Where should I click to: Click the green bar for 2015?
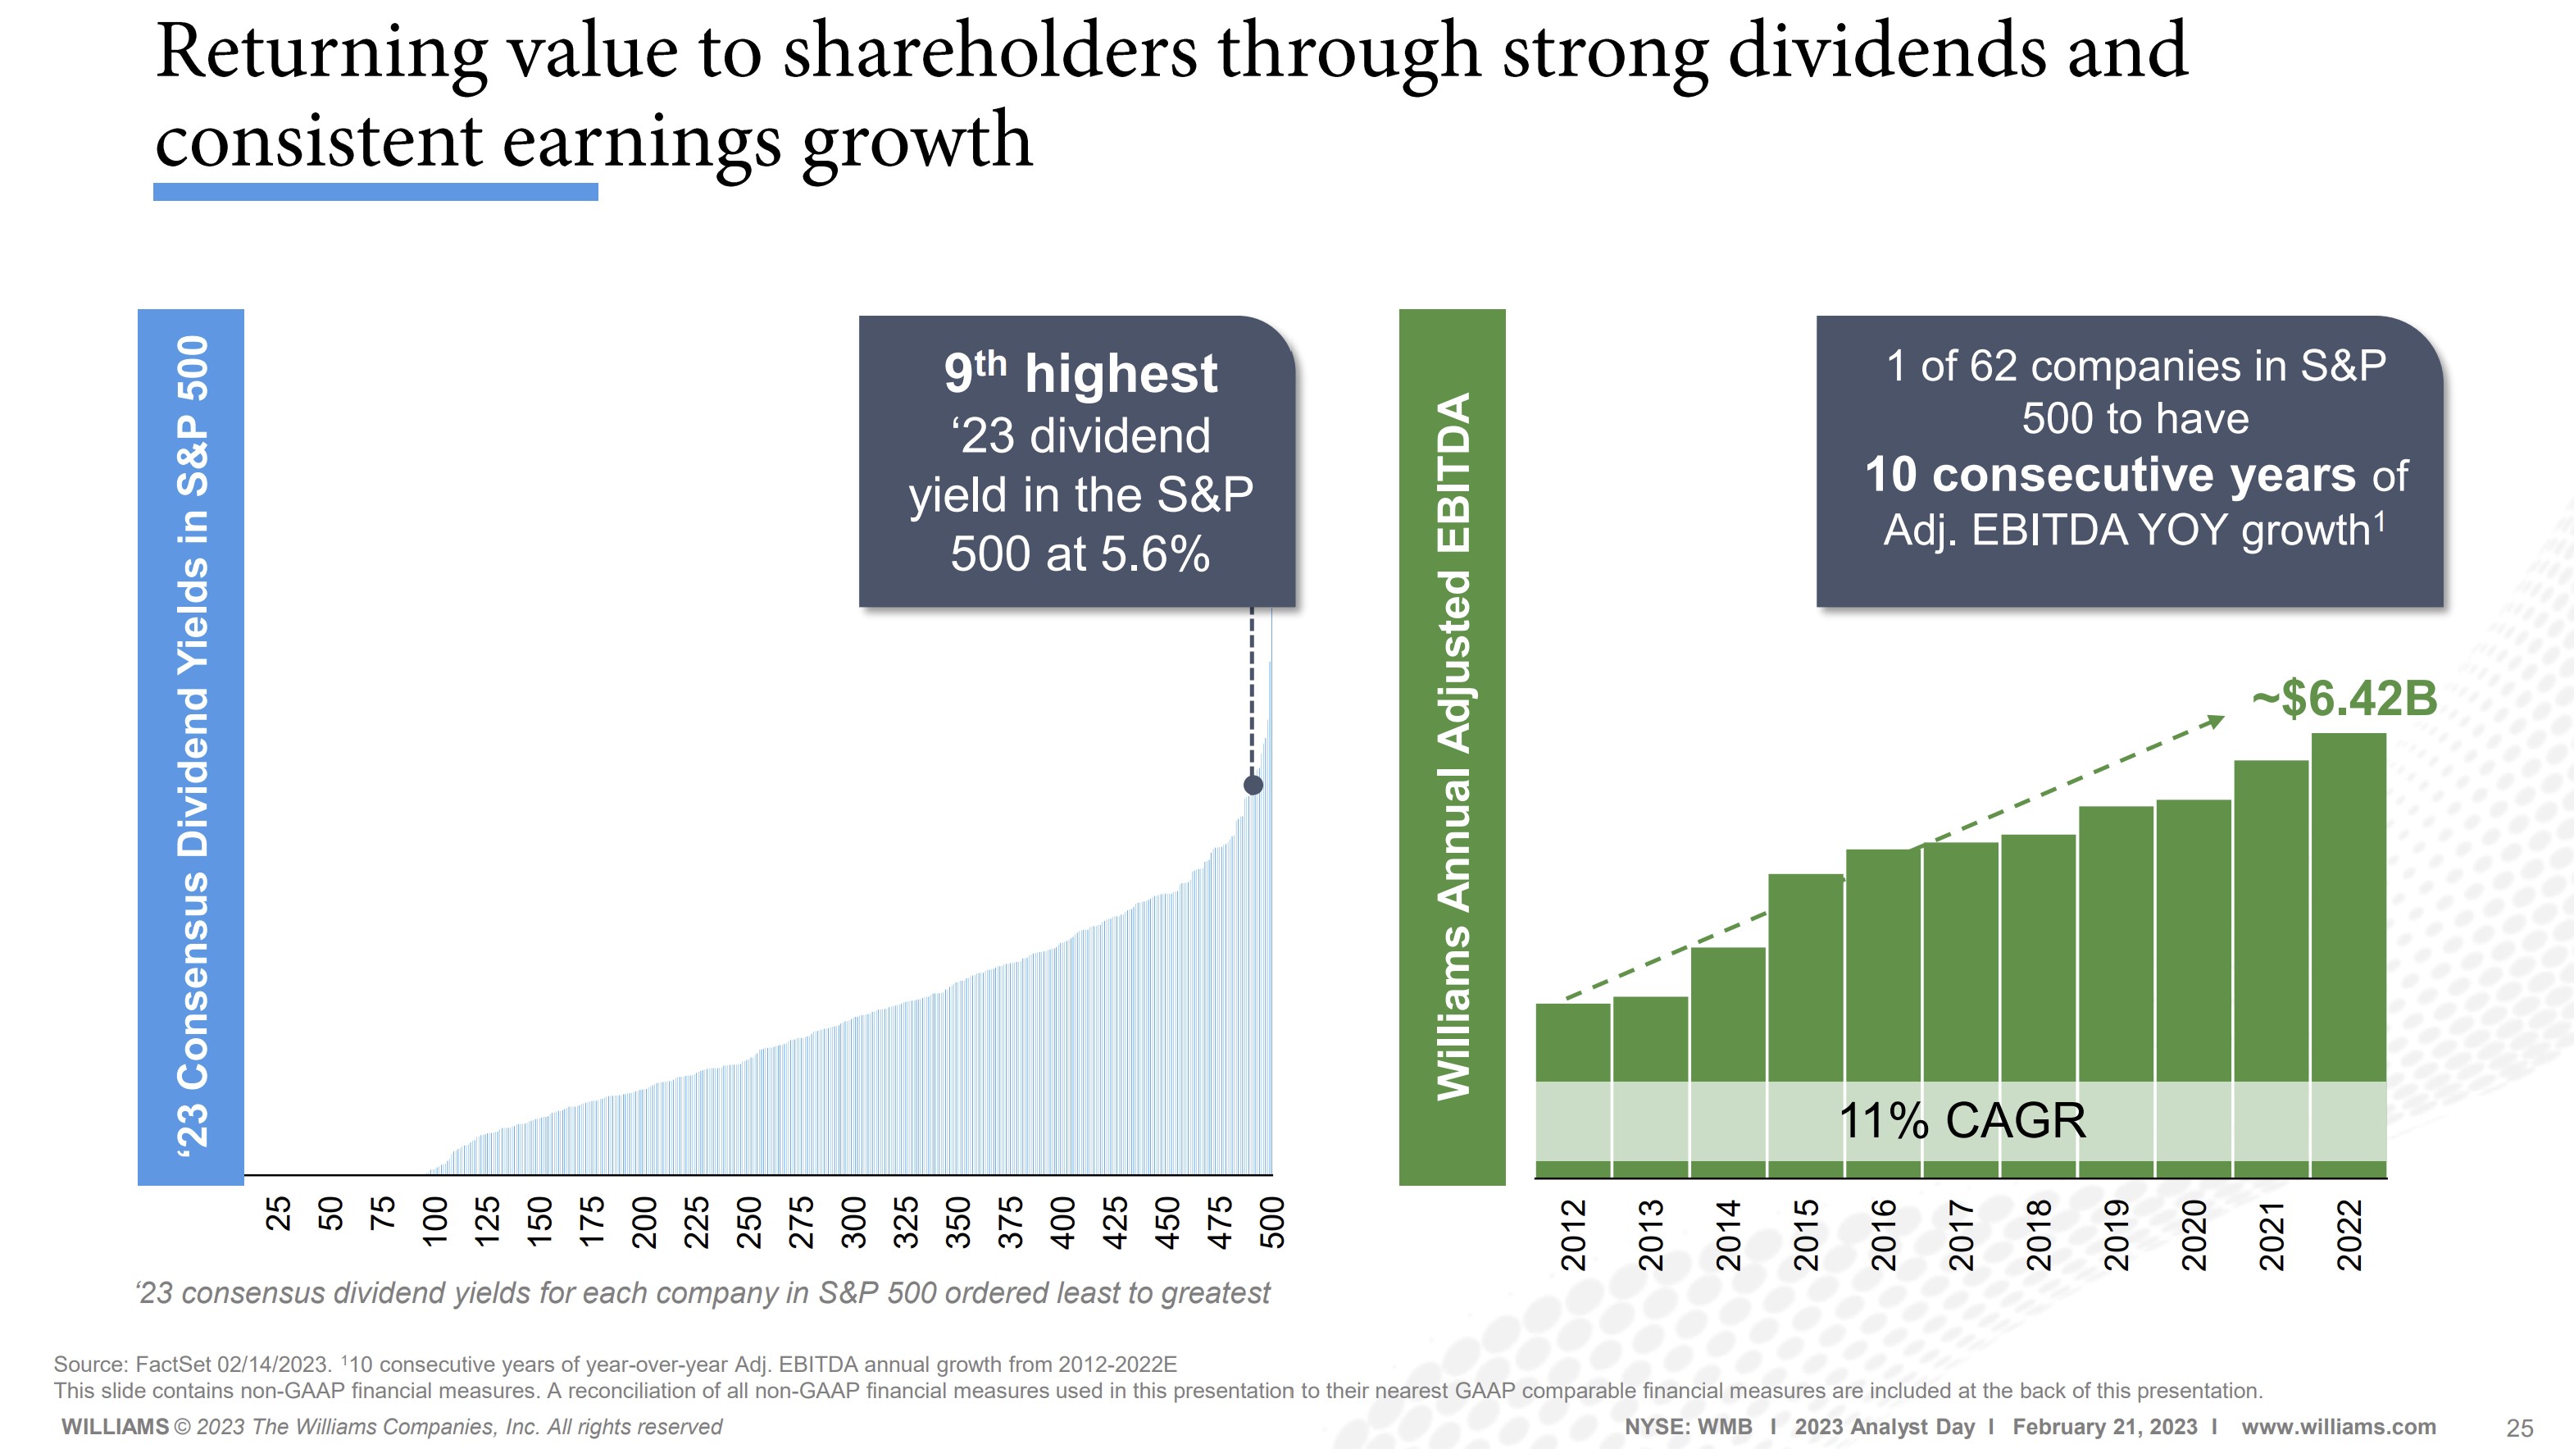pos(1804,979)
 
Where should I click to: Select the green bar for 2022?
pos(2349,909)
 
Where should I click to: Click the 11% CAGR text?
pos(1962,1120)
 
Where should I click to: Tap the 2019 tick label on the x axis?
pos(2116,1235)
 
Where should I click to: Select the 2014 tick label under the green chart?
pos(1728,1235)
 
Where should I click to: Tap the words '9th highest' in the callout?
pos(1080,373)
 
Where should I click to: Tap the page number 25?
pos(2519,1428)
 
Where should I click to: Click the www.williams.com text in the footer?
pos(2338,1427)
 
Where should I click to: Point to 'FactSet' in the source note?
pos(172,1364)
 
